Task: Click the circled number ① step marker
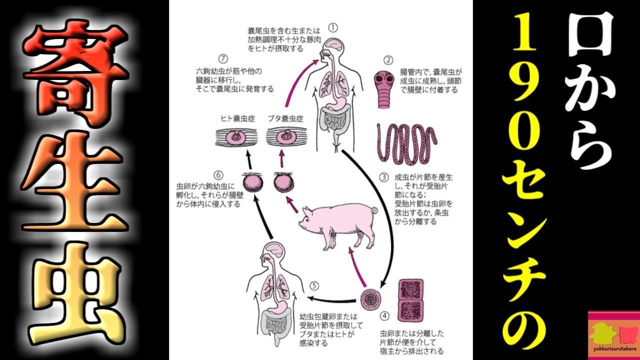(333, 27)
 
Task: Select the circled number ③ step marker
(383, 176)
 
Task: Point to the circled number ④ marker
(384, 316)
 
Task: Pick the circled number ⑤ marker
(314, 286)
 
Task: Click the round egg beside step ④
(370, 299)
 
